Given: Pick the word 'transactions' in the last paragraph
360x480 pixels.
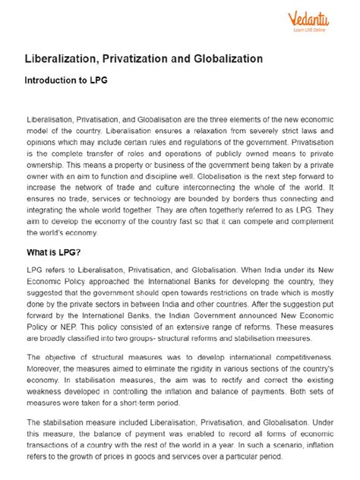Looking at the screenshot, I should tap(53, 447).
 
